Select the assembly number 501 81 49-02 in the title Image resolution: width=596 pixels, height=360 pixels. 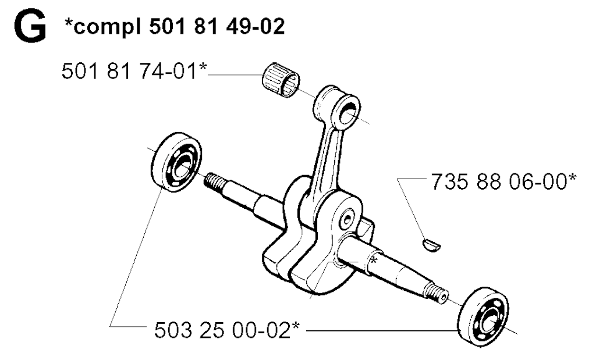[217, 27]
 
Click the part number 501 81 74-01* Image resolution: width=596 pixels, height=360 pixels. [134, 71]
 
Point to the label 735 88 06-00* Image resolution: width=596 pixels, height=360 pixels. [503, 181]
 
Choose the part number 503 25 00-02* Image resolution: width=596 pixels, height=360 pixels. [227, 330]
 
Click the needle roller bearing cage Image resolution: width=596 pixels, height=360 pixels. [281, 80]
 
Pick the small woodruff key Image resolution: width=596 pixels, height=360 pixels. [432, 245]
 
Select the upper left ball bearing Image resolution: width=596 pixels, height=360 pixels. [176, 161]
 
